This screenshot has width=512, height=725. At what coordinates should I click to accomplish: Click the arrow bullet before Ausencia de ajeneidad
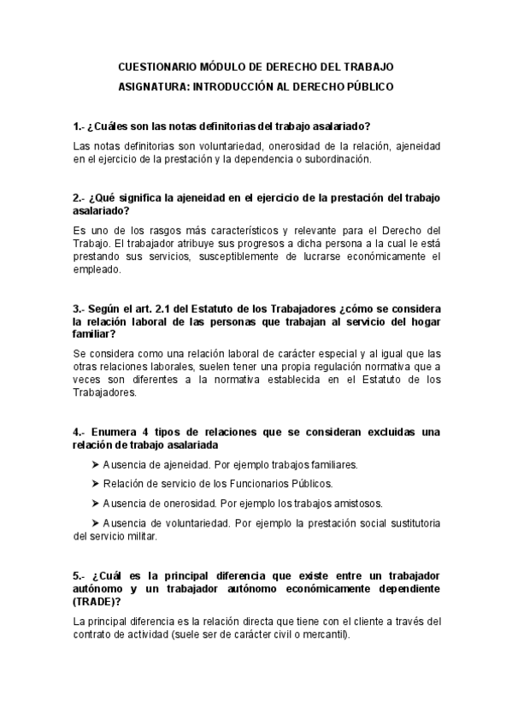click(x=95, y=465)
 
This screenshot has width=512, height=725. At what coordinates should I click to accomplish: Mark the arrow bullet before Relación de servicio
click(x=95, y=484)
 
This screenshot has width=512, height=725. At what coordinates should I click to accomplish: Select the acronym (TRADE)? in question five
click(x=102, y=602)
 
